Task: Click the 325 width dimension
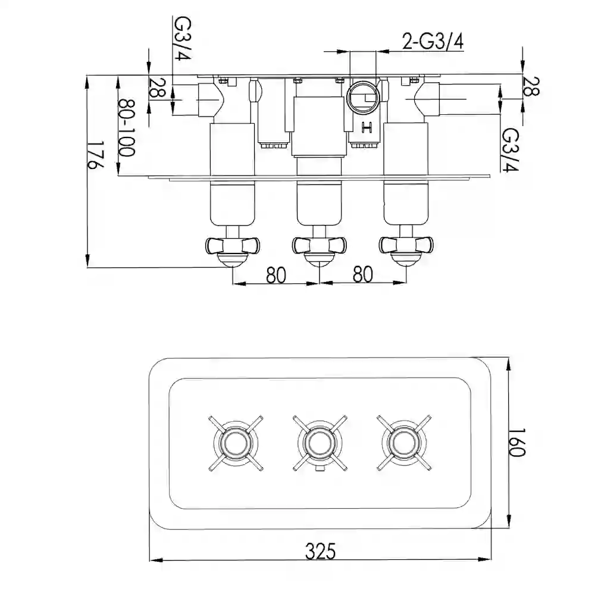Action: click(x=320, y=551)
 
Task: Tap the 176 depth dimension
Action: click(x=95, y=155)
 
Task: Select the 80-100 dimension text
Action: click(x=126, y=128)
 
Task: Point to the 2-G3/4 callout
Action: click(x=433, y=42)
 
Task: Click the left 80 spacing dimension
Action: click(x=276, y=275)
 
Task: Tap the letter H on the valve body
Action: click(x=367, y=127)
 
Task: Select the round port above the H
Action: click(x=363, y=97)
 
